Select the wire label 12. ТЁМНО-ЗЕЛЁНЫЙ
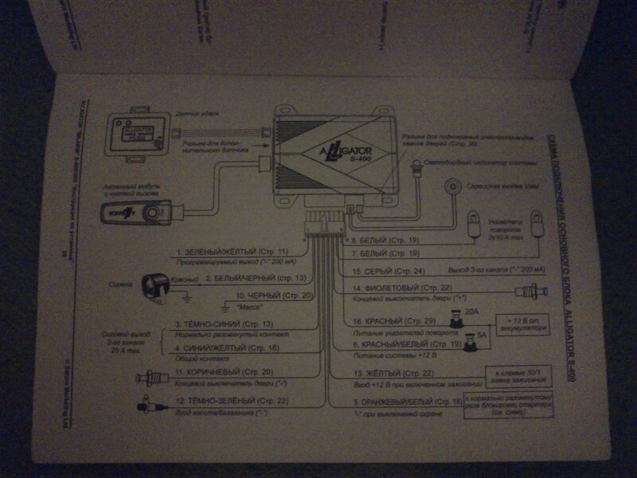pyautogui.click(x=232, y=400)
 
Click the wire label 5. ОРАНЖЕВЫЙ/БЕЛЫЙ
pyautogui.click(x=407, y=402)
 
